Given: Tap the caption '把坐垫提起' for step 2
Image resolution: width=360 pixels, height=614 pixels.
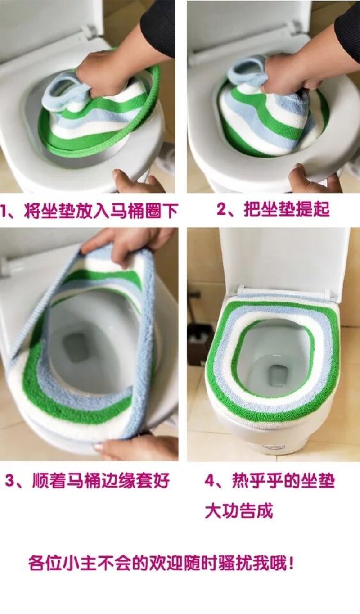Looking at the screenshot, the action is pyautogui.click(x=286, y=209).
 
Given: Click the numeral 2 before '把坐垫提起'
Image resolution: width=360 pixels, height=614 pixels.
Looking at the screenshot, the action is pyautogui.click(x=222, y=209).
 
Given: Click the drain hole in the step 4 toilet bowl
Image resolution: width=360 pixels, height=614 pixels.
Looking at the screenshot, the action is pyautogui.click(x=278, y=375).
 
